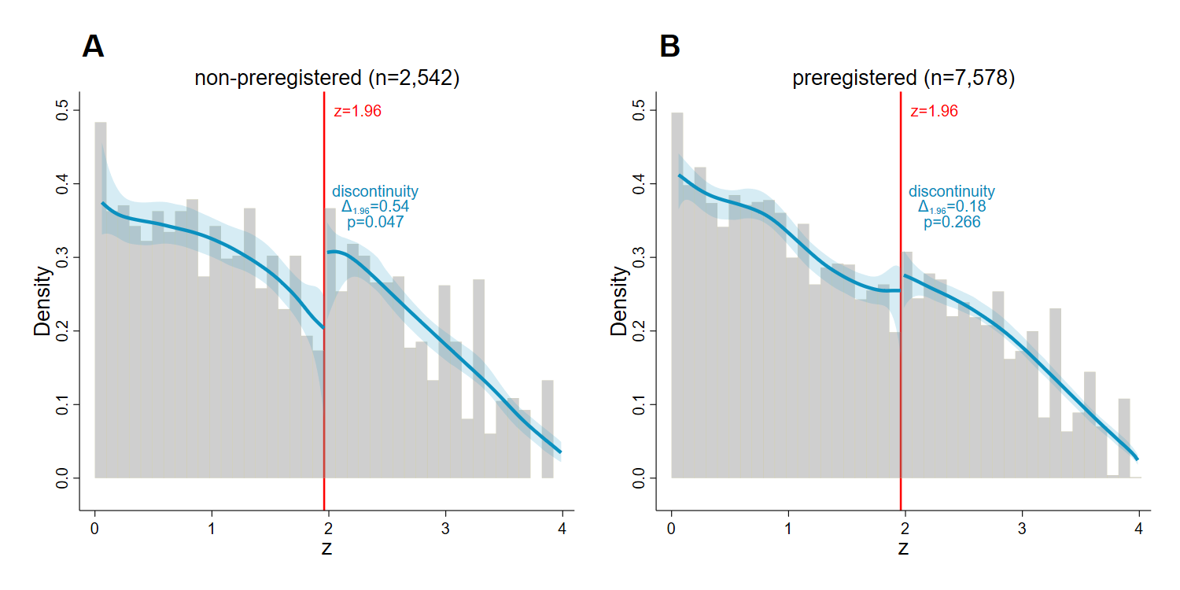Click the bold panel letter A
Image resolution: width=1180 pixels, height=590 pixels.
coord(93,47)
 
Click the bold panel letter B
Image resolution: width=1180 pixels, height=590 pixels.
coord(669,47)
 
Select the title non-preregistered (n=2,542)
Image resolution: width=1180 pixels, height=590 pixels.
coord(326,79)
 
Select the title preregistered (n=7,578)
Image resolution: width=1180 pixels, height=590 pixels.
coord(903,79)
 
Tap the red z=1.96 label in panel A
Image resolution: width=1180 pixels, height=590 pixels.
coord(358,112)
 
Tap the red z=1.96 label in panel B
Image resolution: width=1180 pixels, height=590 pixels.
coord(934,112)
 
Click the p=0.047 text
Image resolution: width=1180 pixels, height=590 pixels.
coord(375,223)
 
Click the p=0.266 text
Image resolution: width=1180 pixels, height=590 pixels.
coord(952,223)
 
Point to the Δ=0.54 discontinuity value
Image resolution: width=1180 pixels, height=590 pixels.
coord(375,207)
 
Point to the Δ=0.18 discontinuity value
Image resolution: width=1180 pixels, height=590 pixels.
coord(952,207)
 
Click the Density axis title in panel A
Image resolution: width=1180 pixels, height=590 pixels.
coord(43,301)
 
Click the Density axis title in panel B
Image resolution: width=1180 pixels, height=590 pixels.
coord(620,301)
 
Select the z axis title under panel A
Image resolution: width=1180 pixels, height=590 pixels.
coord(326,548)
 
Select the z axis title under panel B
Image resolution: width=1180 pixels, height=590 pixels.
coord(903,548)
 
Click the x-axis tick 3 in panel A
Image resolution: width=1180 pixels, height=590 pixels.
coord(445,526)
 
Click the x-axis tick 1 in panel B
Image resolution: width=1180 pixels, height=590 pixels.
coord(788,526)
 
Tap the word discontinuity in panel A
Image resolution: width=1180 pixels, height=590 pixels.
coord(375,191)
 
